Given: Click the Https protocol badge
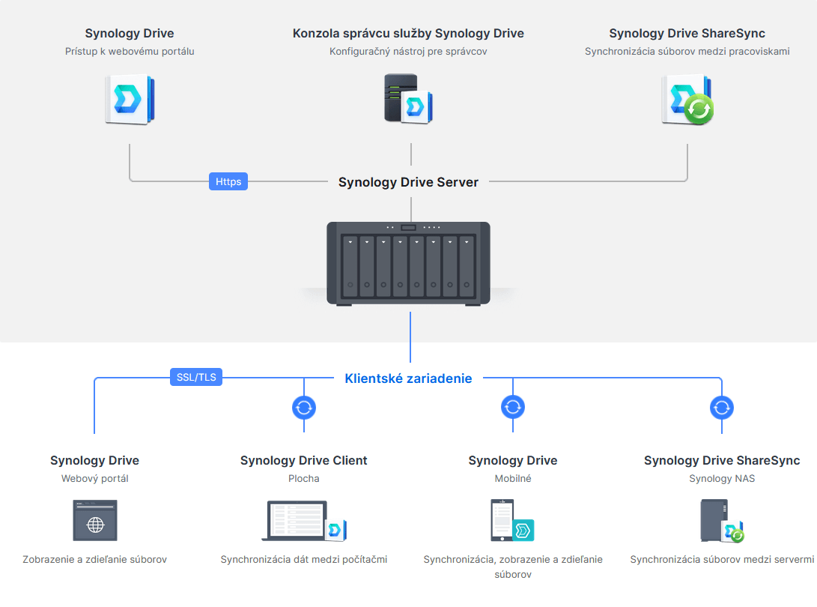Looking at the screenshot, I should point(228,181).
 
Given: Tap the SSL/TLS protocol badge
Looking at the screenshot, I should point(196,377).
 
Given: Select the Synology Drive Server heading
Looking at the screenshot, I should point(408,182).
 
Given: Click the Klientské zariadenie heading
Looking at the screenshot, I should point(408,378).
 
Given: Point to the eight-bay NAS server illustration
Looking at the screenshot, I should point(408,263).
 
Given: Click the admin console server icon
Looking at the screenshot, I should point(408,99).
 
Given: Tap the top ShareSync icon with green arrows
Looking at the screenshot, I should point(687,99).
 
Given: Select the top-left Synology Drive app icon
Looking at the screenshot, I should point(130,99).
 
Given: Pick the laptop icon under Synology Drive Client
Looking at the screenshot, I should point(303,520).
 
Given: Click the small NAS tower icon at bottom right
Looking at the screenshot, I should point(721,520).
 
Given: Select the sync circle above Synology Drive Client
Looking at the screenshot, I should point(303,408).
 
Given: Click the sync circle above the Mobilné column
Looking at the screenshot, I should point(512,408).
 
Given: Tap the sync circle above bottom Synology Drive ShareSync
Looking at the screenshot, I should point(721,408).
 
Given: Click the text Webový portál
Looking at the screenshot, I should point(94,478).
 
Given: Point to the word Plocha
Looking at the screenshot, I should point(303,478).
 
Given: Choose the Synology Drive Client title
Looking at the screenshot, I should point(303,460).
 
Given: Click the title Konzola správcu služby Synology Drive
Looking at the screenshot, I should point(408,34).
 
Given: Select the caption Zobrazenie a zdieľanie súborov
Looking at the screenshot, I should point(94,559).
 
